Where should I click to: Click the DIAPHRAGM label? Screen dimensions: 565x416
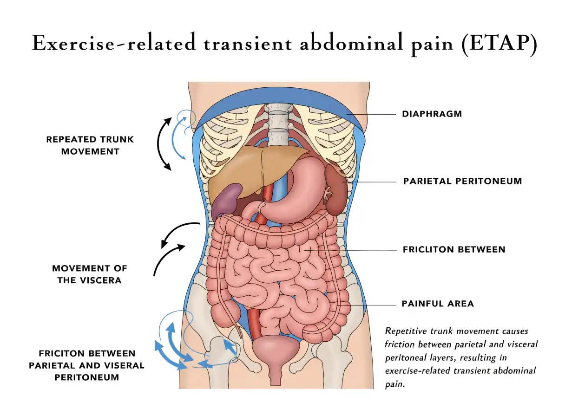432,114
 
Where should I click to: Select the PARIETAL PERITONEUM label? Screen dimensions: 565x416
462,181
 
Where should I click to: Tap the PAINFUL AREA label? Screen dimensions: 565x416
438,304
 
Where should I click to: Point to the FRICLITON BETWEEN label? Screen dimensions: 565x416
454,249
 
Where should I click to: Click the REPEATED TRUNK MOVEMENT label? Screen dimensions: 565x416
90,145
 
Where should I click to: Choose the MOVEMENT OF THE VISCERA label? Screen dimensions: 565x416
90,274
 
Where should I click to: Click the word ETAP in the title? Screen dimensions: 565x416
499,43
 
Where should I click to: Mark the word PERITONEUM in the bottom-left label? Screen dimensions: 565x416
87,377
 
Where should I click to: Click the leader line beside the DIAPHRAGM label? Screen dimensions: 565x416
371,114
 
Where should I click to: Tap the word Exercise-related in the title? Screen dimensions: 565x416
114,43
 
